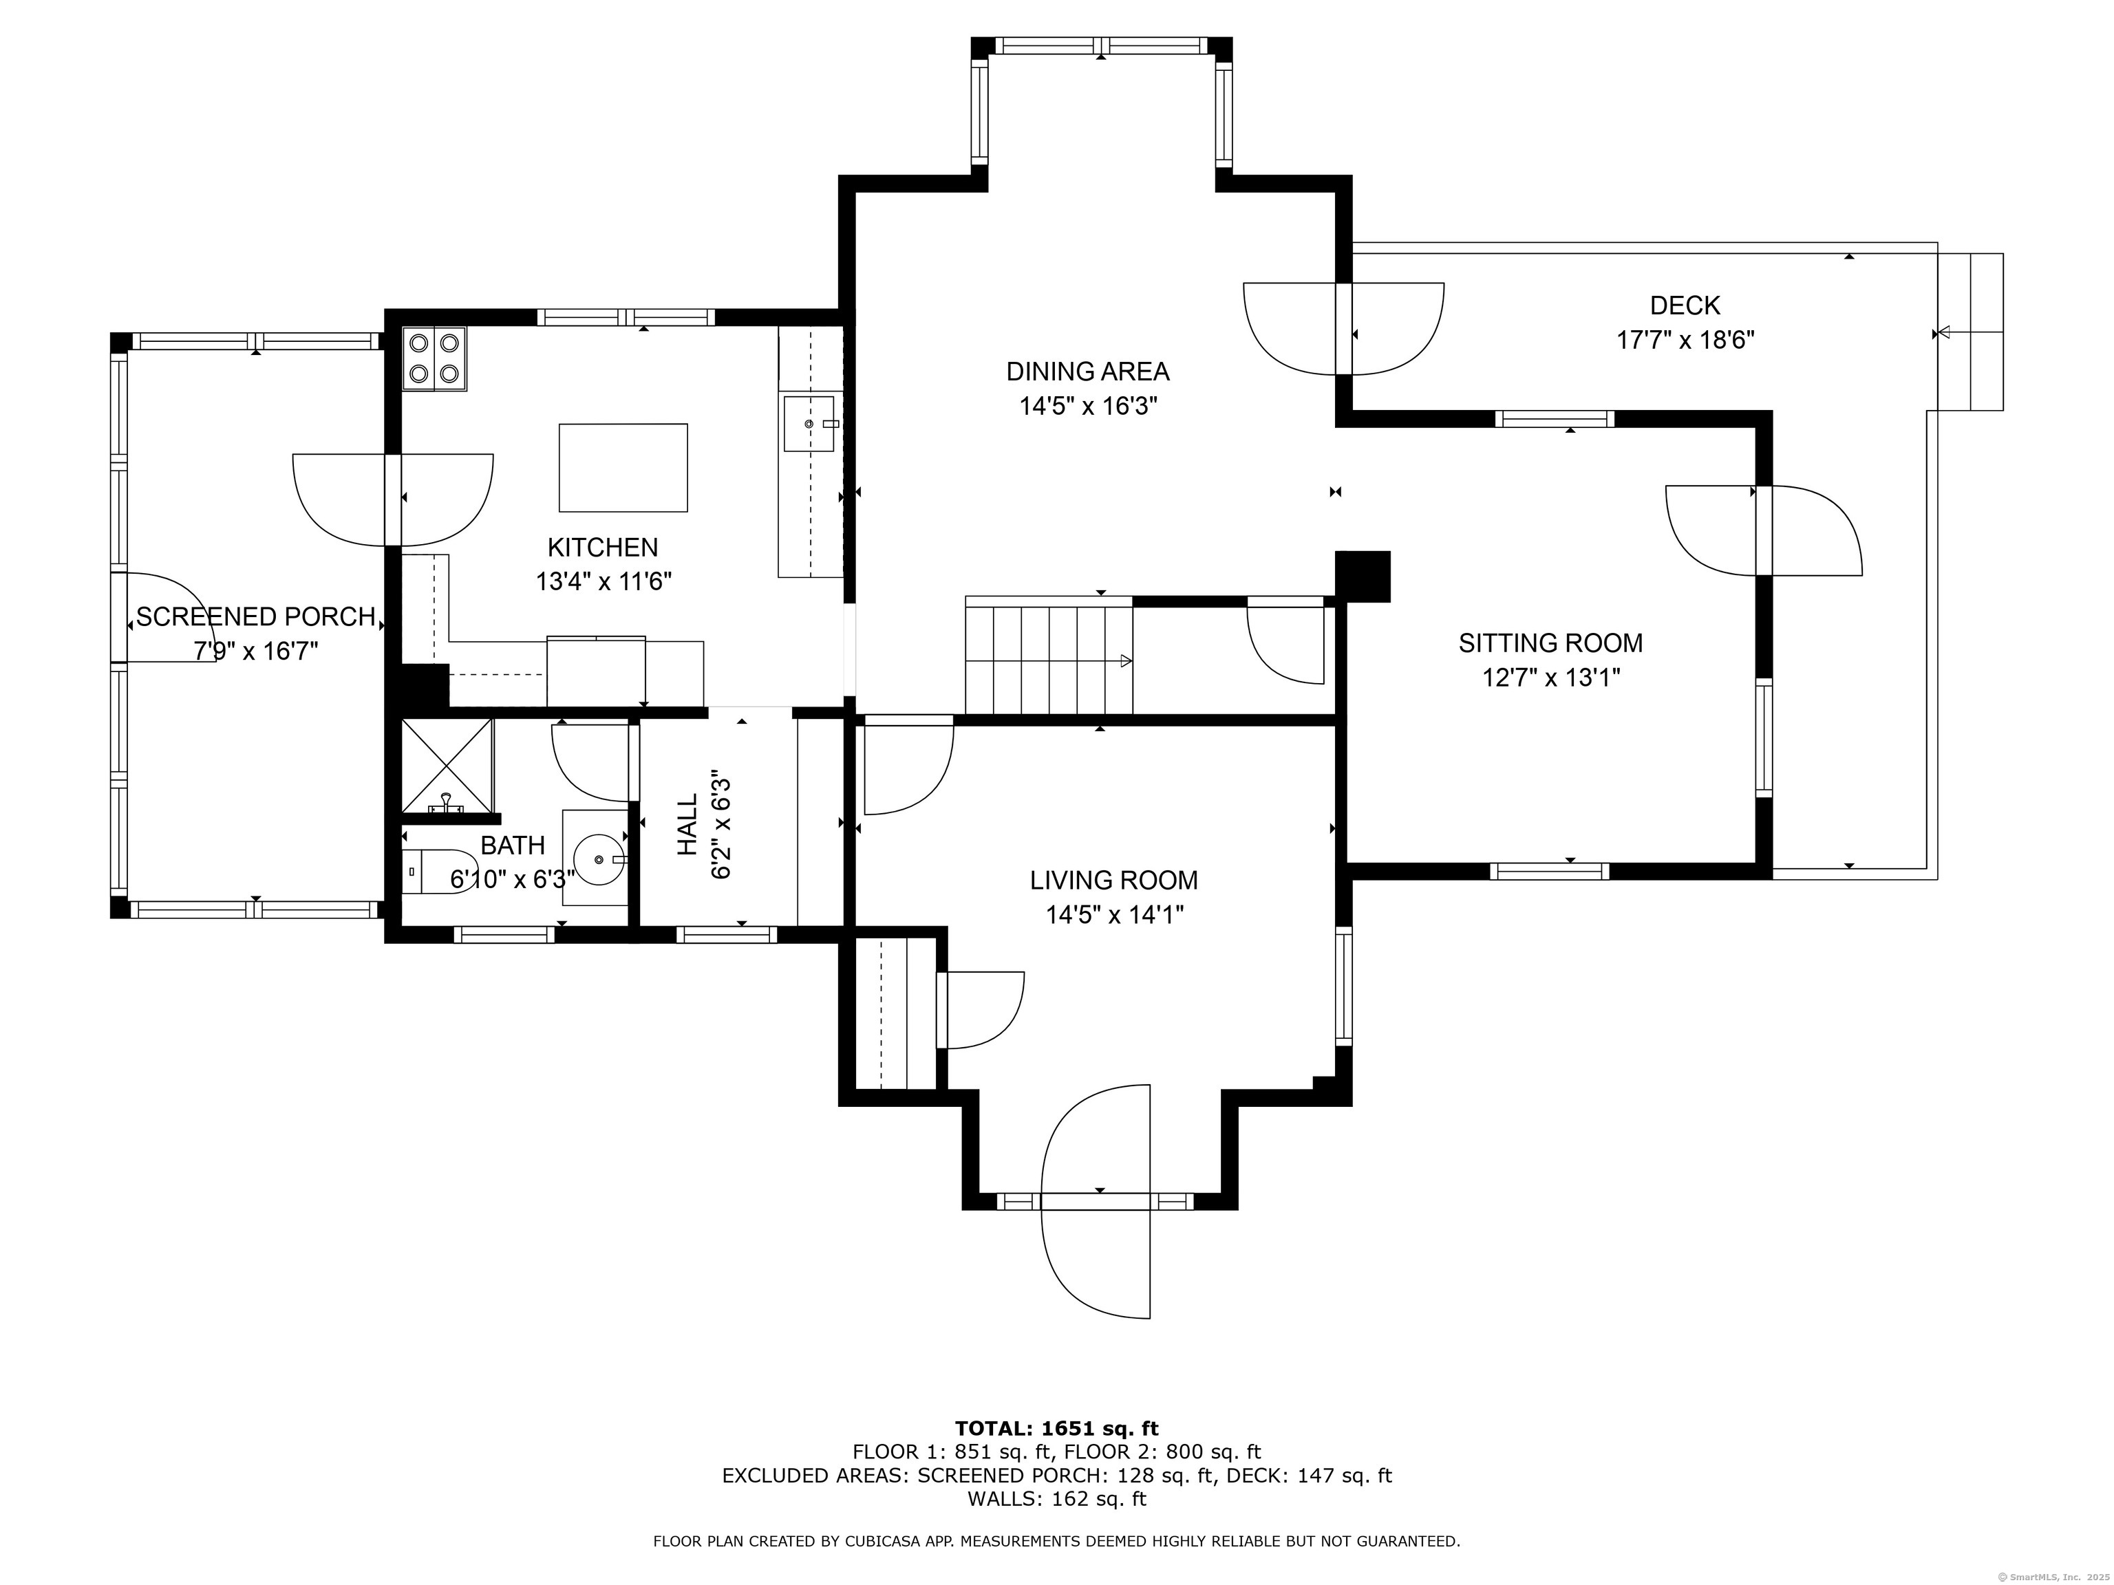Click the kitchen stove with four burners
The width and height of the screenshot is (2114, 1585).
434,358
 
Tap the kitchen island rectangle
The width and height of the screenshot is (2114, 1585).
623,467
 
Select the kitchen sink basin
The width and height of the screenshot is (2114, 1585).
809,423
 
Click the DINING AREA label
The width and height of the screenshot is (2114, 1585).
1087,371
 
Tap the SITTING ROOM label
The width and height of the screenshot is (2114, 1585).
1550,643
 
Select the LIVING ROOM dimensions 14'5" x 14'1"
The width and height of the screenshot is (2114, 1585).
1114,915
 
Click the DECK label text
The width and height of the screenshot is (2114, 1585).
1685,305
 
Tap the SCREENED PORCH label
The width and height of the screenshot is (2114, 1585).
255,617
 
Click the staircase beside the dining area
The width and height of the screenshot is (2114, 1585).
1049,656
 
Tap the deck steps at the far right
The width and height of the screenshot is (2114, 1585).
1969,332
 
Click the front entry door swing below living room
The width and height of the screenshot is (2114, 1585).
1096,1201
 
